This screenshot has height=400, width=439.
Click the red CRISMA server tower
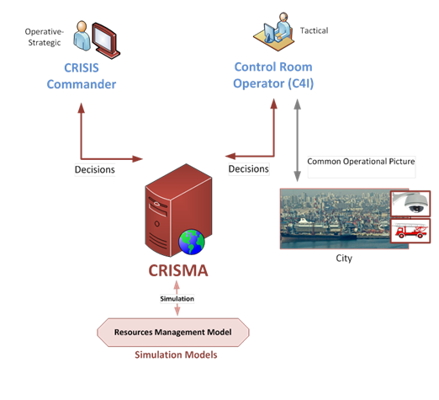tap(178, 210)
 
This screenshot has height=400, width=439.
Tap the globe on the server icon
tap(192, 242)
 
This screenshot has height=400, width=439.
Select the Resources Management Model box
tap(173, 333)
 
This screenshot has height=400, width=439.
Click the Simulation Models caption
tap(176, 355)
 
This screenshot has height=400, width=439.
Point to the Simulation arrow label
tap(177, 299)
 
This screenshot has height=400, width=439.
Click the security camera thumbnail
tap(410, 204)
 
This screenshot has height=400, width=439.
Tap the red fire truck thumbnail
tap(410, 231)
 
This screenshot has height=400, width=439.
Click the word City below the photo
tap(344, 259)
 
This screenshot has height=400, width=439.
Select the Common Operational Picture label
tap(361, 162)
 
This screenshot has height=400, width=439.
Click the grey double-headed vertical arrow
tap(298, 140)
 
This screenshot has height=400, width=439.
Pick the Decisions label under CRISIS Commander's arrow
tap(95, 169)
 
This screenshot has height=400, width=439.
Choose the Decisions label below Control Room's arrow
tap(249, 169)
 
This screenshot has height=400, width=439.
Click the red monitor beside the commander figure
tap(106, 40)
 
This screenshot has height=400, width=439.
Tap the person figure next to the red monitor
tap(82, 35)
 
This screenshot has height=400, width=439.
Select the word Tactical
tap(314, 30)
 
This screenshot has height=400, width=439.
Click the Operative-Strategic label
tap(45, 37)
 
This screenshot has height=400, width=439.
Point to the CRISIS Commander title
tap(82, 76)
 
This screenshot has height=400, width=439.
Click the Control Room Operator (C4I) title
tap(273, 75)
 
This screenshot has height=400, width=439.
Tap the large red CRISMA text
tap(178, 270)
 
